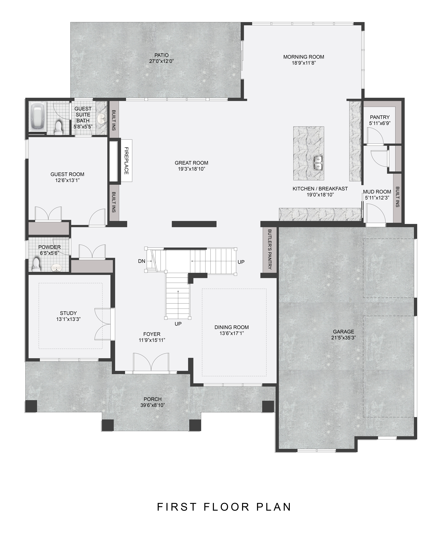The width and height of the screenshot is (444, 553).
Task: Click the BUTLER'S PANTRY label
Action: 270,249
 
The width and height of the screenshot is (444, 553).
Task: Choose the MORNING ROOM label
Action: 304,57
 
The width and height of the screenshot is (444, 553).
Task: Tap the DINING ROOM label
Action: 232,327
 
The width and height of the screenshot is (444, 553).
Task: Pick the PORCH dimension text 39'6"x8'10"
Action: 153,405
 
